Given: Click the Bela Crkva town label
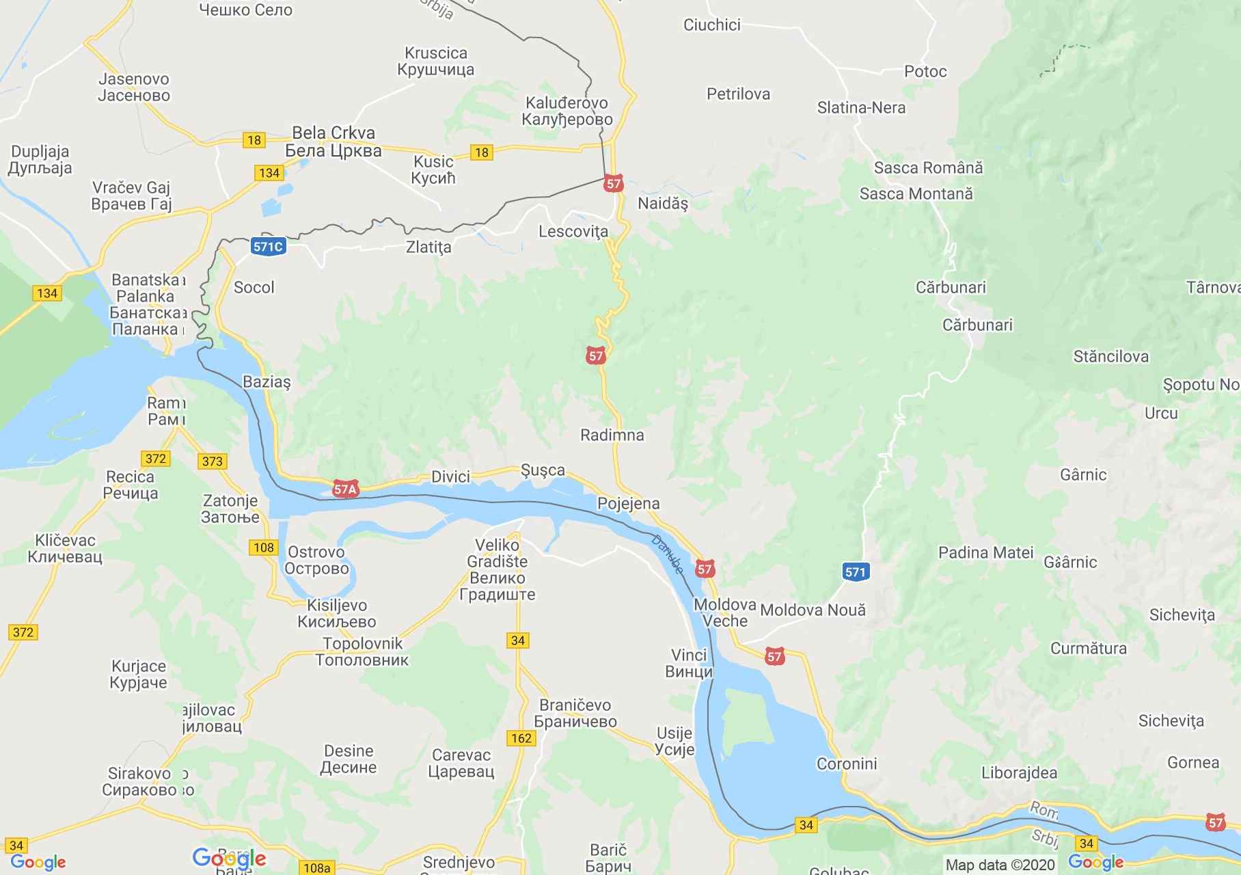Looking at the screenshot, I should pyautogui.click(x=333, y=142).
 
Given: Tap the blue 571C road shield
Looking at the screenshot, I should pyautogui.click(x=268, y=247).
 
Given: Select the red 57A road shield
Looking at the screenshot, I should pyautogui.click(x=346, y=489).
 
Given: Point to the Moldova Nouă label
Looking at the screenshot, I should pyautogui.click(x=813, y=610).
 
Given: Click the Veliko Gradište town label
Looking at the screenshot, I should pyautogui.click(x=497, y=570).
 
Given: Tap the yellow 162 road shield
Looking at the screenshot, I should pyautogui.click(x=521, y=738).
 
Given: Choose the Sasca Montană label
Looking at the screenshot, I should pyautogui.click(x=916, y=194).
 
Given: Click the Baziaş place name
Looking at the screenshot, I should pyautogui.click(x=267, y=382).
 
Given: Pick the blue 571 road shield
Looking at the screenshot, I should pyautogui.click(x=855, y=572).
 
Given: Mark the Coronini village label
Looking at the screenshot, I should pyautogui.click(x=847, y=764).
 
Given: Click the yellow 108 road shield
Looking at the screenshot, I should pyautogui.click(x=263, y=547).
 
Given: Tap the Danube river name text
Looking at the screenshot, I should pyautogui.click(x=666, y=554).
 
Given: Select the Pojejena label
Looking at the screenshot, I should pyautogui.click(x=628, y=504).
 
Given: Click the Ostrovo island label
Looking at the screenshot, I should pyautogui.click(x=316, y=560).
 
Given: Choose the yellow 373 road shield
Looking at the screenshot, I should pyautogui.click(x=213, y=461).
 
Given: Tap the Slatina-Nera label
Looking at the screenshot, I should pyautogui.click(x=861, y=108).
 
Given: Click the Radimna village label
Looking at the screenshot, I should pyautogui.click(x=612, y=435).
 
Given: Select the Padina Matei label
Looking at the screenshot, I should pyautogui.click(x=985, y=552).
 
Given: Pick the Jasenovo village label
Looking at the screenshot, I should pyautogui.click(x=134, y=87).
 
